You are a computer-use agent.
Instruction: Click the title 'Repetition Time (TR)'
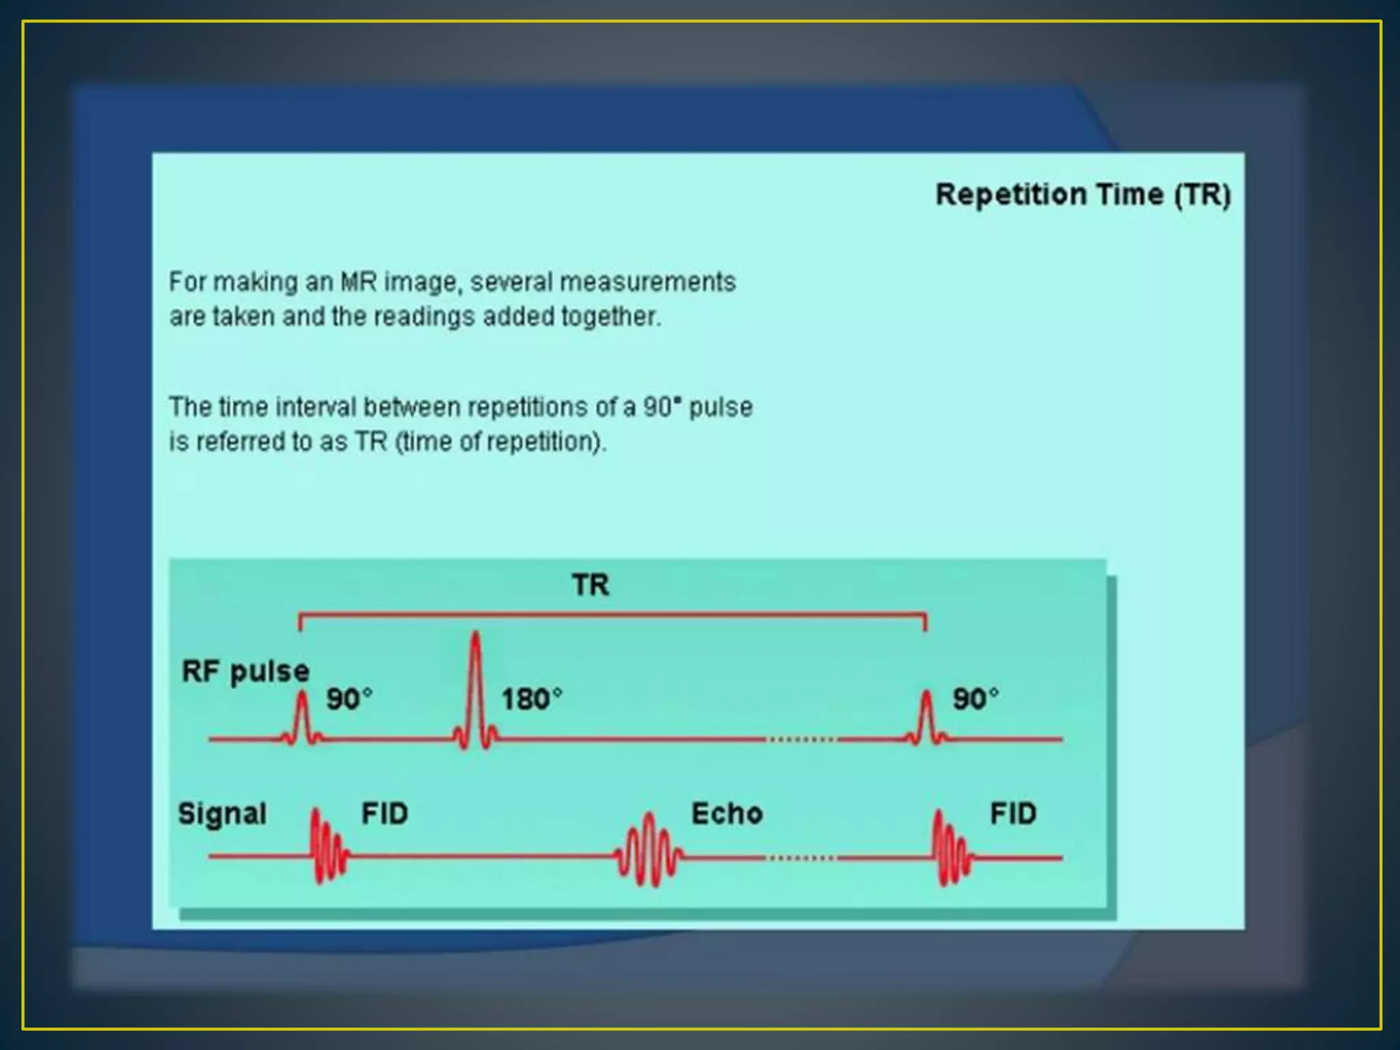1083,195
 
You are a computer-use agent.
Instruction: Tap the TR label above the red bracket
591,585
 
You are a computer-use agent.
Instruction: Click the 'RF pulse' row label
245,671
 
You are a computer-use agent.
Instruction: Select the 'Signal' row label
222,813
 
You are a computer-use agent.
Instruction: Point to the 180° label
532,699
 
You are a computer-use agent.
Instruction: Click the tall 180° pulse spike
475,684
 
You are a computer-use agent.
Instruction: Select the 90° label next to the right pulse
975,699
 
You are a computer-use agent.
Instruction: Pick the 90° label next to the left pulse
349,699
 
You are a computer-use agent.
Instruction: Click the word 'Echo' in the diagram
727,813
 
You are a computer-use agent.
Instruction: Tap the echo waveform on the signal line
648,851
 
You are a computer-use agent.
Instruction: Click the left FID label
384,813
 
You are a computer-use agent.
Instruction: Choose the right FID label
1013,813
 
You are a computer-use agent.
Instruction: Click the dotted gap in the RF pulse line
801,739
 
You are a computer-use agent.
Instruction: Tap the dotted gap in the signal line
801,857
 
